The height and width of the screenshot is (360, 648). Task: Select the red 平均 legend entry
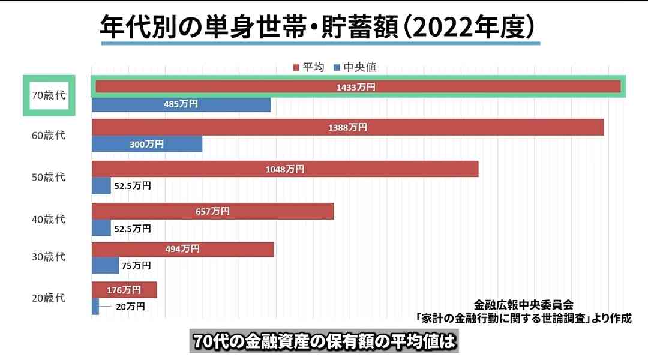tap(308, 67)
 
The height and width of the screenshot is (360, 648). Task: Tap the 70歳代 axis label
tap(48, 95)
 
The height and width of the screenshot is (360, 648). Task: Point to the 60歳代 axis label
tap(48, 136)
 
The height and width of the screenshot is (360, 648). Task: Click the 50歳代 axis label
tap(48, 178)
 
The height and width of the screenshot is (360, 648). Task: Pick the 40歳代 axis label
tap(48, 220)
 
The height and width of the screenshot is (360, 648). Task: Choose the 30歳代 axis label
tap(48, 257)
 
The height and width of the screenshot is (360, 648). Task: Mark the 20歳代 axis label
tap(48, 298)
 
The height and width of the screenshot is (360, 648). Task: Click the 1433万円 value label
tap(356, 87)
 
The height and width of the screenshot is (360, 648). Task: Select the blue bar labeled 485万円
tap(181, 104)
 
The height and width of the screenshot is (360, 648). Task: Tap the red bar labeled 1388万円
tap(347, 127)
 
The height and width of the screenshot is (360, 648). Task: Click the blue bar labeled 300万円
tap(147, 144)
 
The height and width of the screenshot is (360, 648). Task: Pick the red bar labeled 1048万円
tap(285, 169)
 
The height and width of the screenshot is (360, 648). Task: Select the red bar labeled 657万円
tap(212, 211)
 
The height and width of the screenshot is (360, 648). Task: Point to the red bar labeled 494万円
tap(182, 249)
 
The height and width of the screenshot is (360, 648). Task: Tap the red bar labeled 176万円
tap(124, 290)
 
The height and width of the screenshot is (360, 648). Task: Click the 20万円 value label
tap(130, 306)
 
